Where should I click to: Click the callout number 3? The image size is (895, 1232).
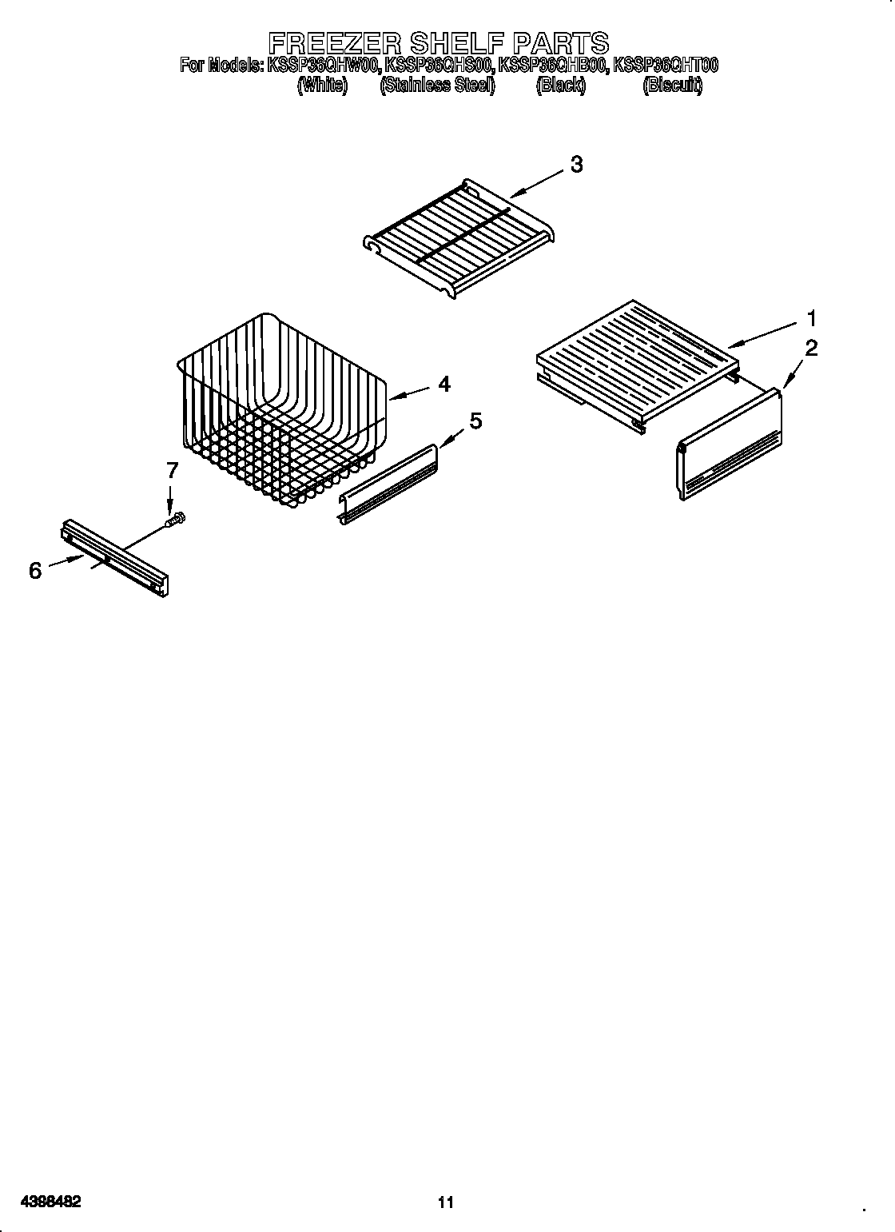pyautogui.click(x=575, y=165)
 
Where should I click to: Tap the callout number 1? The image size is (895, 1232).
pyautogui.click(x=811, y=319)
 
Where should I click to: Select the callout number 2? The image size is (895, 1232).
pyautogui.click(x=811, y=348)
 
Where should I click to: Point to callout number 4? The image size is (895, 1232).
pyautogui.click(x=444, y=384)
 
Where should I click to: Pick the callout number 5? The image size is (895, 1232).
pyautogui.click(x=475, y=421)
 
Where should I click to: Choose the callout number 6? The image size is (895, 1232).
pyautogui.click(x=34, y=570)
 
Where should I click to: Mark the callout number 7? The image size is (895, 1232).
pyautogui.click(x=172, y=471)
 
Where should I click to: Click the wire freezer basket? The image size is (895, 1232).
pyautogui.click(x=280, y=408)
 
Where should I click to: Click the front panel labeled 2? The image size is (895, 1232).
pyautogui.click(x=730, y=448)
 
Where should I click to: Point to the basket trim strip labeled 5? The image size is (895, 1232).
pyautogui.click(x=389, y=485)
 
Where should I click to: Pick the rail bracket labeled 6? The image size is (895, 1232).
pyautogui.click(x=114, y=557)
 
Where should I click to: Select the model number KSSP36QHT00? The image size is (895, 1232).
pyautogui.click(x=665, y=66)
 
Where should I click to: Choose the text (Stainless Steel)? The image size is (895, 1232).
pyautogui.click(x=437, y=86)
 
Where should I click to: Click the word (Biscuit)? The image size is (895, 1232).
pyautogui.click(x=672, y=86)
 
